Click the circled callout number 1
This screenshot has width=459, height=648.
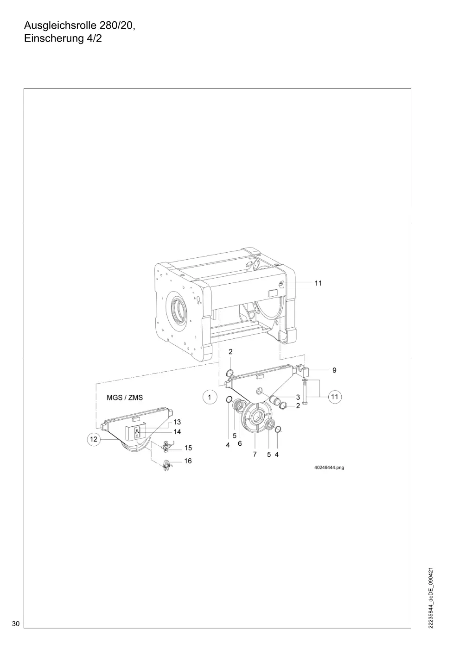click(x=210, y=397)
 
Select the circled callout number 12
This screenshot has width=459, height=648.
click(x=94, y=439)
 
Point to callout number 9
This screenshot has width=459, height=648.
click(x=334, y=370)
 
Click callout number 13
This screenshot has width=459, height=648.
click(x=177, y=422)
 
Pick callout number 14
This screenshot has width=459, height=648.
click(x=177, y=431)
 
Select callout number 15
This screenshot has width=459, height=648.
click(x=188, y=448)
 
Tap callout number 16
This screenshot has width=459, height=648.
click(x=188, y=461)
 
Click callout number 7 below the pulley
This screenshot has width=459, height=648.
click(x=255, y=454)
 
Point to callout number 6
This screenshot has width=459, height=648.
click(x=240, y=443)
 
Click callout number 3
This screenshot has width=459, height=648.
click(x=298, y=397)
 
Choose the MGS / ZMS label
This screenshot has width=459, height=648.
click(x=125, y=398)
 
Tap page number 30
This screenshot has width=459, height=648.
click(x=16, y=623)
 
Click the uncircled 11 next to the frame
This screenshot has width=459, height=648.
click(x=318, y=283)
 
